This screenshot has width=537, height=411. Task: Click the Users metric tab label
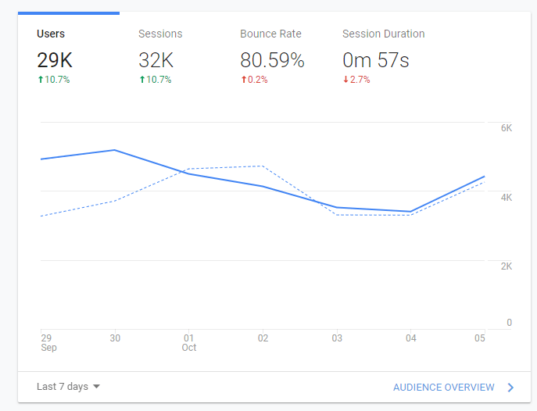[x=51, y=34]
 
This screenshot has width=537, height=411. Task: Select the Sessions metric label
[x=160, y=34]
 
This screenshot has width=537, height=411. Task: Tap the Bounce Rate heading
[x=270, y=34]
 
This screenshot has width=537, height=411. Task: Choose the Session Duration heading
[x=383, y=34]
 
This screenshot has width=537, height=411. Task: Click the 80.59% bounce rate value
[x=272, y=60]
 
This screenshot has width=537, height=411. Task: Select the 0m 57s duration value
[x=376, y=60]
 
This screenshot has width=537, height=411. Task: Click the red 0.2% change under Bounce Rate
[x=254, y=80]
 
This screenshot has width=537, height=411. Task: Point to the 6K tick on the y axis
[x=506, y=127]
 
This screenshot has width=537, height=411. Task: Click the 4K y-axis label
[x=506, y=197]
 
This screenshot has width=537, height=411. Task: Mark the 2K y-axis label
[x=506, y=266]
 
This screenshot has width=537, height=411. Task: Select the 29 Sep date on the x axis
[x=47, y=342]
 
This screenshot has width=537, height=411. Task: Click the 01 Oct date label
[x=188, y=342]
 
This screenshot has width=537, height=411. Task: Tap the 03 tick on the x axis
[x=337, y=338]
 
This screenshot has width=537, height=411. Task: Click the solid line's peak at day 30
[x=115, y=149]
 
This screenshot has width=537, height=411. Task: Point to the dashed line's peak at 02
[x=263, y=166]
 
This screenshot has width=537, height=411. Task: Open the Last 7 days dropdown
[x=69, y=387]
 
